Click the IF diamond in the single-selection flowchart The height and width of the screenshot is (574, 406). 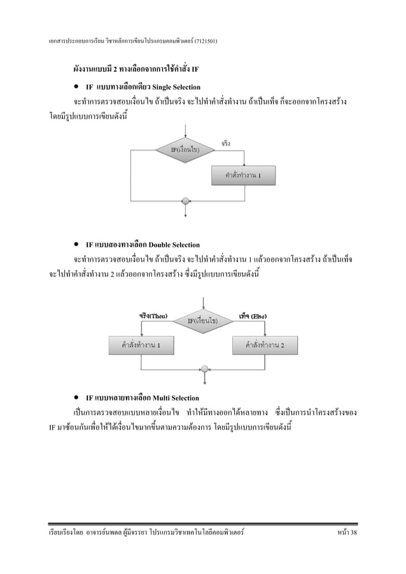pyautogui.click(x=185, y=149)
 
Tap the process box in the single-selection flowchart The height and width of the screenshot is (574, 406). pyautogui.click(x=244, y=175)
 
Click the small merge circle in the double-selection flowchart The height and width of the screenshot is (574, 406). pyautogui.click(x=204, y=368)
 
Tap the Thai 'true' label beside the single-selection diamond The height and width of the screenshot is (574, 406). pyautogui.click(x=226, y=143)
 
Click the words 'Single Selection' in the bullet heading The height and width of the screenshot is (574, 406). pyautogui.click(x=173, y=86)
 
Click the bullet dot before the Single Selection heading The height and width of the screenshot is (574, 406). pyautogui.click(x=76, y=86)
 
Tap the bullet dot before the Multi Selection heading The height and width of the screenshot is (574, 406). pyautogui.click(x=76, y=398)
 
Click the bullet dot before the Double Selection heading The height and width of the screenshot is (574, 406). pyautogui.click(x=76, y=244)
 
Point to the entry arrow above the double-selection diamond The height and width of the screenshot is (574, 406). pyautogui.click(x=204, y=303)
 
